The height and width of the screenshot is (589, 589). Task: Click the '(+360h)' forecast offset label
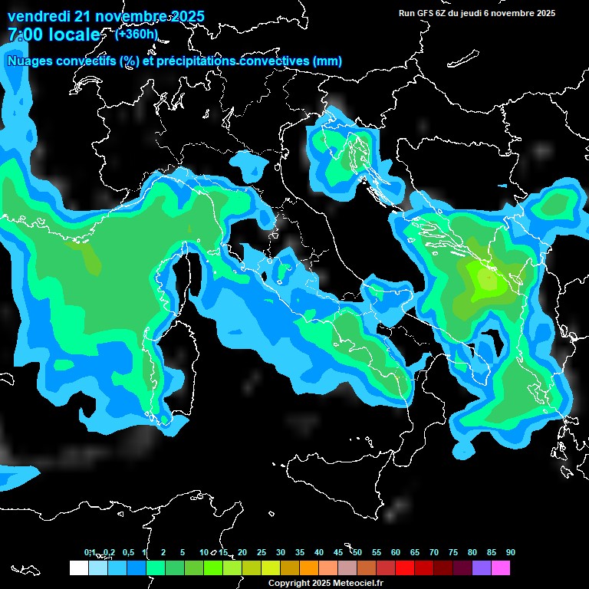pyautogui.click(x=137, y=34)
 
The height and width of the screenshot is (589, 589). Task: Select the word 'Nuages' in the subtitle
pyautogui.click(x=31, y=61)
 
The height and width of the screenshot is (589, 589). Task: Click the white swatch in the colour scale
pyautogui.click(x=78, y=568)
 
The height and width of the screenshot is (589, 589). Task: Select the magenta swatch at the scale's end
pyautogui.click(x=500, y=568)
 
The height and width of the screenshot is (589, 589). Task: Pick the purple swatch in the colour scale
pyautogui.click(x=481, y=568)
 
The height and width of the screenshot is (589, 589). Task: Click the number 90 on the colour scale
pyautogui.click(x=510, y=552)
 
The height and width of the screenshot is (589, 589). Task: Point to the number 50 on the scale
pyautogui.click(x=357, y=552)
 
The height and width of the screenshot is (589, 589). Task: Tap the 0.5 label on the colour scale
pyautogui.click(x=127, y=552)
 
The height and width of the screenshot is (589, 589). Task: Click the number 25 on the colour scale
pyautogui.click(x=262, y=552)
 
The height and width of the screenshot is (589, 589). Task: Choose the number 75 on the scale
pyautogui.click(x=453, y=552)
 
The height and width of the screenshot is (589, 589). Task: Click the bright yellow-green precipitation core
pyautogui.click(x=485, y=279)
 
